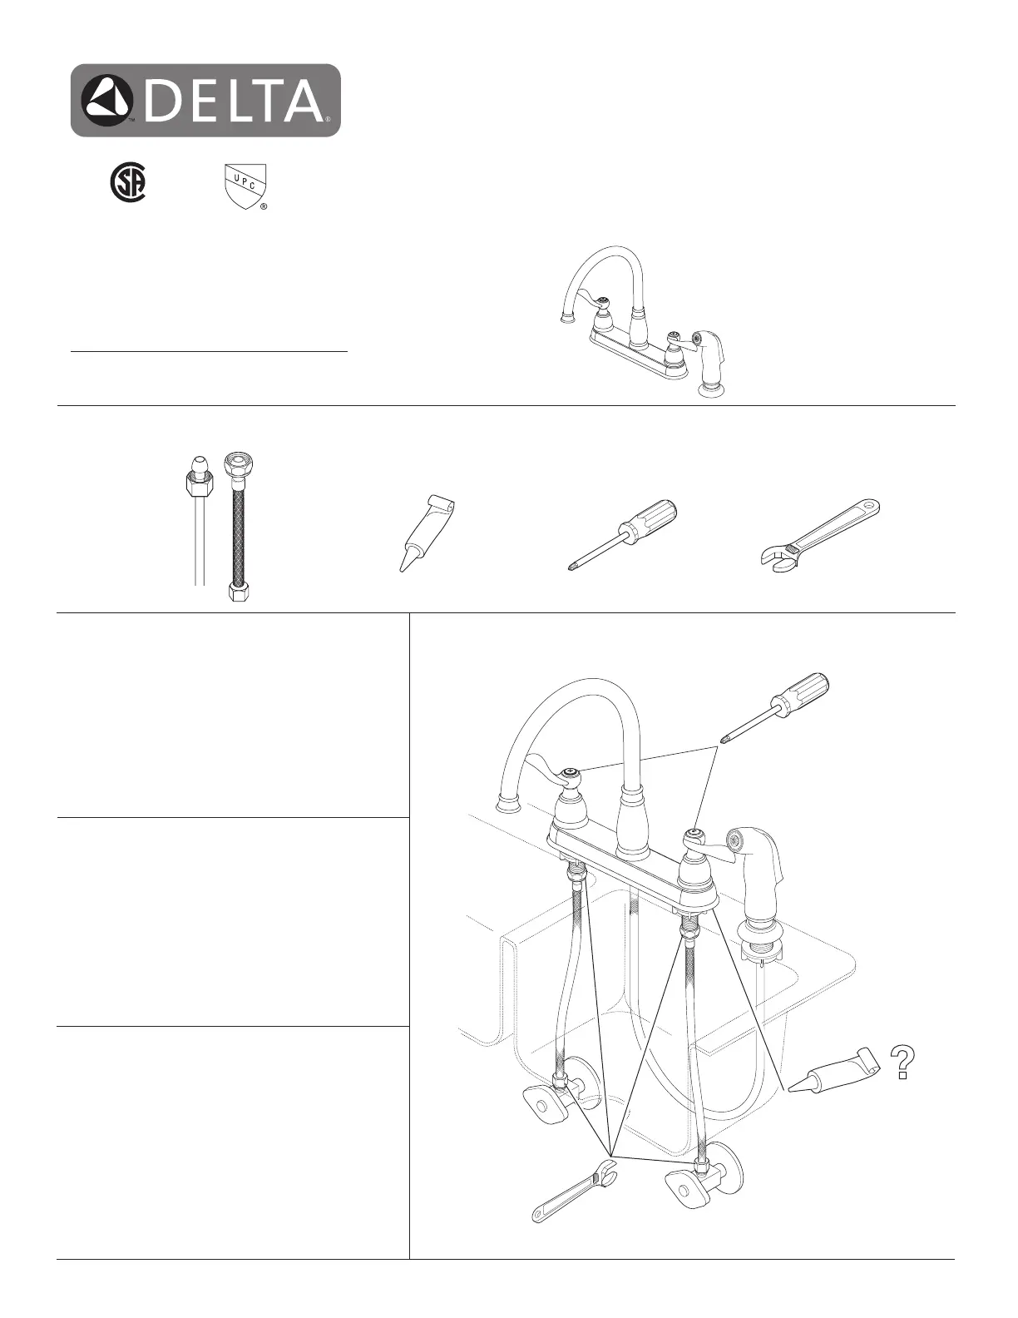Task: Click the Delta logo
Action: point(205,101)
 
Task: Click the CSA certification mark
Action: point(129,184)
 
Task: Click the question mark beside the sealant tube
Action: point(902,1064)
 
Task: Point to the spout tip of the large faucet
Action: point(507,804)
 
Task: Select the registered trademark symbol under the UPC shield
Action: point(264,206)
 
